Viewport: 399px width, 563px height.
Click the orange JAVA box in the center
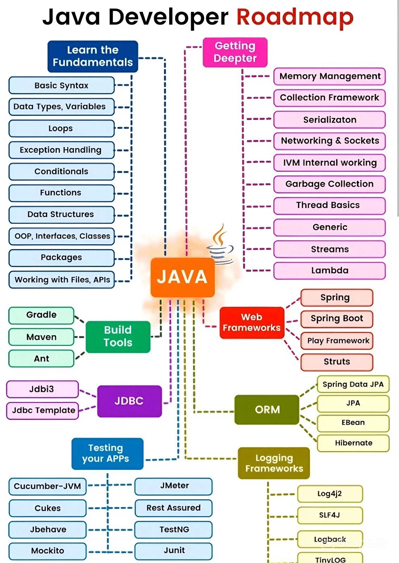tap(182, 277)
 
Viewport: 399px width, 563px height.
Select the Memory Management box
tap(330, 76)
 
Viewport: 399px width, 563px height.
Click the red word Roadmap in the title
tap(294, 17)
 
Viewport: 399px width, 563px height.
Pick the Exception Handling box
tap(61, 150)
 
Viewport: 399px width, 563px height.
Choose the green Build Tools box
tap(118, 336)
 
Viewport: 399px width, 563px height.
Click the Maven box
tap(41, 337)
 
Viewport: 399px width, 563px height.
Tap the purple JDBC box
tap(129, 401)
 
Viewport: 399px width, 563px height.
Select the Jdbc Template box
tap(43, 411)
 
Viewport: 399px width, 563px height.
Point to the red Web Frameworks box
tap(252, 323)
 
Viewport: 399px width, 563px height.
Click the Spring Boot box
tap(337, 318)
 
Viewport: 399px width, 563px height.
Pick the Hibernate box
tap(353, 443)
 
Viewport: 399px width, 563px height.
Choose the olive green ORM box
tap(267, 410)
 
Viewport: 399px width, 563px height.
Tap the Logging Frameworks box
tap(274, 463)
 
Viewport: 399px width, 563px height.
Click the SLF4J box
tap(330, 515)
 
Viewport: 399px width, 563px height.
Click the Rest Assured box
tap(173, 508)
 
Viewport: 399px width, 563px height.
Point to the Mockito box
tap(47, 551)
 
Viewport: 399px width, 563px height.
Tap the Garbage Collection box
tap(329, 184)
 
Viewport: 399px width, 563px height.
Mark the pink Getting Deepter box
tap(235, 52)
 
